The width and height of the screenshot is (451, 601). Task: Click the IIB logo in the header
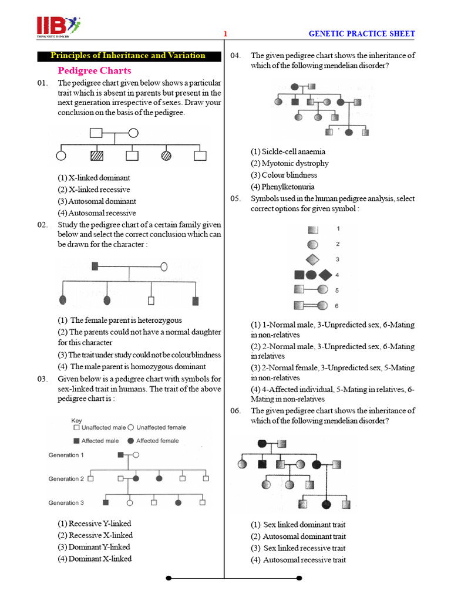[58, 27]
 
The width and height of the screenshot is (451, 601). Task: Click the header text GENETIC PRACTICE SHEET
[362, 34]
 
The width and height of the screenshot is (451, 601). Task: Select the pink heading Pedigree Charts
[94, 70]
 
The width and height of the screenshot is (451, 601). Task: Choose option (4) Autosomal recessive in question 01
[96, 213]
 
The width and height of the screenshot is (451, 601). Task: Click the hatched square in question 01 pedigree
[97, 156]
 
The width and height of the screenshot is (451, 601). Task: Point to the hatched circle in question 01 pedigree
[167, 156]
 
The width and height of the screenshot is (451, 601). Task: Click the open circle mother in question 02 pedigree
[164, 266]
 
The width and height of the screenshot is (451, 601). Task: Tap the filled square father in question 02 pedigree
[95, 266]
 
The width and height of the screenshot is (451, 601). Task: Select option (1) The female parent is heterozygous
[120, 320]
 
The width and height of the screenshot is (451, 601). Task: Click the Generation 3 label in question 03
[66, 503]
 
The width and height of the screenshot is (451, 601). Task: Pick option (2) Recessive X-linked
[95, 535]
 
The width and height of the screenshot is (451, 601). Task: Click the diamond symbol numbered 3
[313, 259]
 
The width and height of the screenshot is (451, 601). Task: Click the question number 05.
[236, 198]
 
